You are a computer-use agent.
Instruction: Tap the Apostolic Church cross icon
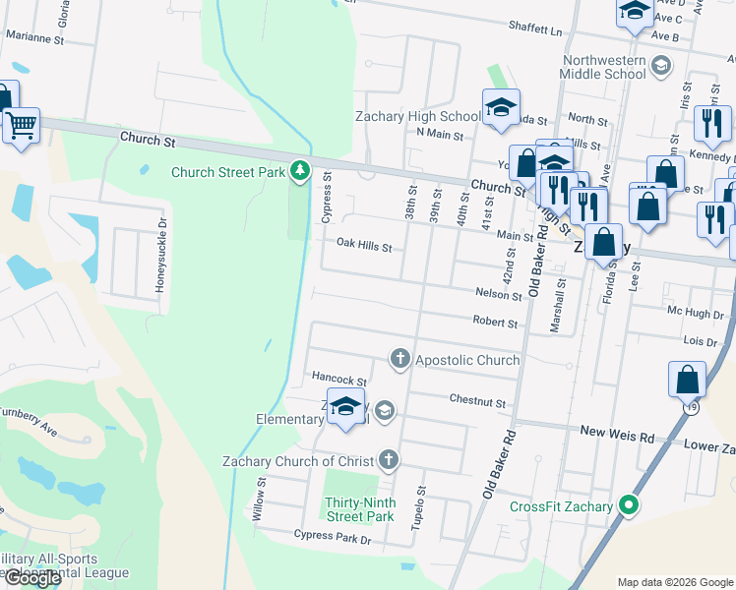[399, 359]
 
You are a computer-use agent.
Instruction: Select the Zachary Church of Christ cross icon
[389, 459]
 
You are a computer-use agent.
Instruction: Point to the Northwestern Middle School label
[604, 67]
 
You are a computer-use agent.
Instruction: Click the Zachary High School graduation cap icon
[501, 107]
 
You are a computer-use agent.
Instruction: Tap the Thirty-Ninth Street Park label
[360, 508]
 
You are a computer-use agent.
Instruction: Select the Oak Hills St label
[364, 245]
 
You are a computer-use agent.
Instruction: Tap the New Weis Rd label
[617, 433]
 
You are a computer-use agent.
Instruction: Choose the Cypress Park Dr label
[332, 537]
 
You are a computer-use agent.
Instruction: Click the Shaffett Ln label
[535, 29]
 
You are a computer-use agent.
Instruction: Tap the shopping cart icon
[21, 125]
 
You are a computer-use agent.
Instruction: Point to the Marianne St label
[34, 40]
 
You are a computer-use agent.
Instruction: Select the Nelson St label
[497, 293]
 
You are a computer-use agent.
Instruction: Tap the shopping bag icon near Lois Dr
[687, 380]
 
